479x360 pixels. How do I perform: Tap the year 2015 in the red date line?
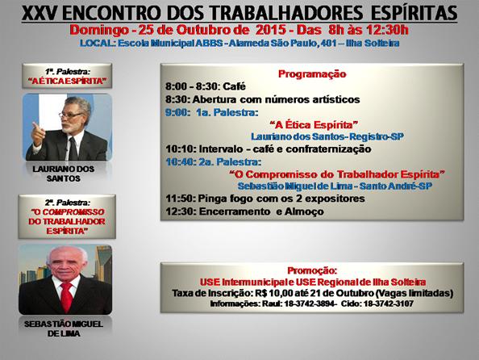coord(271,30)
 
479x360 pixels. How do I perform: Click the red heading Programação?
coord(312,74)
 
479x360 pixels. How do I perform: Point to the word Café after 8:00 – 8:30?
coord(235,86)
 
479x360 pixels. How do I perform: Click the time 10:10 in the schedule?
coord(181,149)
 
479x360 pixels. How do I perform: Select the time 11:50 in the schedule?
coord(181,199)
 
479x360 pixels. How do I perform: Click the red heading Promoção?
coord(312,270)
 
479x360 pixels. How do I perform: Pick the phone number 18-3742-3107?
coord(388,304)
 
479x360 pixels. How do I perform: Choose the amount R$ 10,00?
coord(269,293)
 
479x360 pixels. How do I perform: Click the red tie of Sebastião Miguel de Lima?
coord(66,296)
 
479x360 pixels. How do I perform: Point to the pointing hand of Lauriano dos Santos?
coord(39,134)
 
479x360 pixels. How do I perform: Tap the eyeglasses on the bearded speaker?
coord(71,115)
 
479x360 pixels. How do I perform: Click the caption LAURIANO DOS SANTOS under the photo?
coord(63,174)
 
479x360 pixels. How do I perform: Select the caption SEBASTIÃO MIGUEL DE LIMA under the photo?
coord(64,329)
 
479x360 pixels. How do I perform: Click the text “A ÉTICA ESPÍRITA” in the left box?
coord(67,81)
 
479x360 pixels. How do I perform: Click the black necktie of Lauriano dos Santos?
coord(73,148)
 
